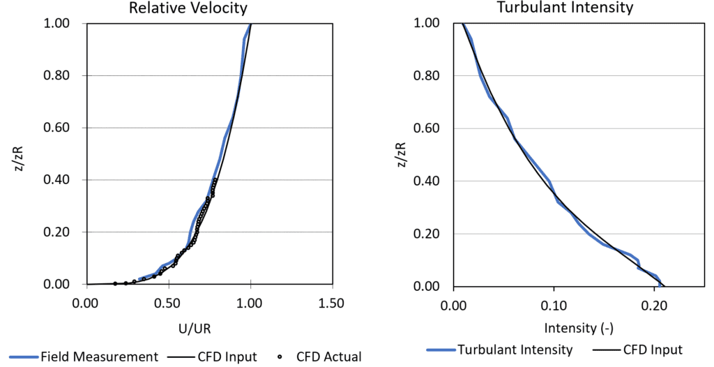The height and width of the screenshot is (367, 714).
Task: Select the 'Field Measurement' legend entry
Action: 98,357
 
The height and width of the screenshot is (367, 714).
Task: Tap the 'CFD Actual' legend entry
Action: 328,357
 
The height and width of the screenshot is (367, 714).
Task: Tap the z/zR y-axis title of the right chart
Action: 400,155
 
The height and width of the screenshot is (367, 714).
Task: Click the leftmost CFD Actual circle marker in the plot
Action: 115,283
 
